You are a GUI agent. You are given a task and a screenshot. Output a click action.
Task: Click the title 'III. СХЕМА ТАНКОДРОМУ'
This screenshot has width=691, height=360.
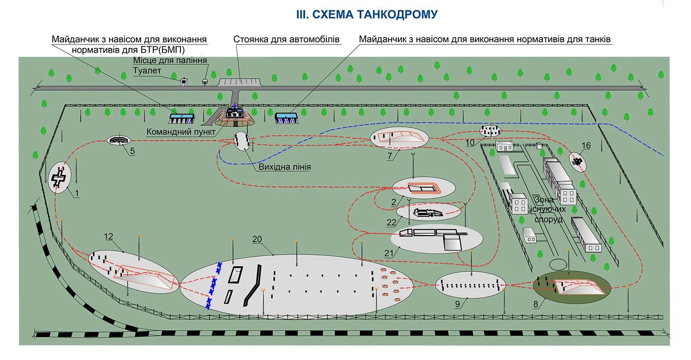[367, 15]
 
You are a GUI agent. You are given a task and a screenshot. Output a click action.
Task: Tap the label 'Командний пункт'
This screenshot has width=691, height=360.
[181, 132]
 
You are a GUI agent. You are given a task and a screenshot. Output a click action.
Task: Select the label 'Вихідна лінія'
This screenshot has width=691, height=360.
[284, 167]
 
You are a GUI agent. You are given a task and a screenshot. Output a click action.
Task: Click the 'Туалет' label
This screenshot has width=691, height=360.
[147, 71]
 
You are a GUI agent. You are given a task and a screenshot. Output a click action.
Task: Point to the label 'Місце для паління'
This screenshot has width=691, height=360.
[170, 60]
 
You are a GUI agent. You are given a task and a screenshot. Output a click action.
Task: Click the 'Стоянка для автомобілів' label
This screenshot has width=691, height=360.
[287, 39]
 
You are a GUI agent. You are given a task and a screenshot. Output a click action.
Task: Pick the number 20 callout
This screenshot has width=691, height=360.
[257, 239]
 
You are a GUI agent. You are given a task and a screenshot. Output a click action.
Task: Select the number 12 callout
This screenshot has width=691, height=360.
[108, 237]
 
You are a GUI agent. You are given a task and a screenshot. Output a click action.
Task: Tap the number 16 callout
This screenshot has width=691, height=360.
[586, 145]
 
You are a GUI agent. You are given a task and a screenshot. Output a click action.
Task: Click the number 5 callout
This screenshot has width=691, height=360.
[132, 151]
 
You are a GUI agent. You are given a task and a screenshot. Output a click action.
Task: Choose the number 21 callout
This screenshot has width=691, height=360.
[389, 253]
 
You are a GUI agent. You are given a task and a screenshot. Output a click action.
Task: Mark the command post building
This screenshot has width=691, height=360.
[234, 113]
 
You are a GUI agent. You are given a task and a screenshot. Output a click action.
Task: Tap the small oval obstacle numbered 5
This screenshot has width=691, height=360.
[119, 140]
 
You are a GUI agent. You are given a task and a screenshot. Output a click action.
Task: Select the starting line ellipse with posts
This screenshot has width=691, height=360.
[242, 141]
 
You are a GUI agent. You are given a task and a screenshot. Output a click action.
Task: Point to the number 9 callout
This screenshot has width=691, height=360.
[458, 304]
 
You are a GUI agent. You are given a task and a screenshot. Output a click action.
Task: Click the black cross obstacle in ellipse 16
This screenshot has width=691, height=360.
[577, 161]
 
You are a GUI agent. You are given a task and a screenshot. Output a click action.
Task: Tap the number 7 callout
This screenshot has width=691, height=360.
[390, 156]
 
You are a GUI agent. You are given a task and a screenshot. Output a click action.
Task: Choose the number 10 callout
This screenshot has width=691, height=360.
[470, 143]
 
